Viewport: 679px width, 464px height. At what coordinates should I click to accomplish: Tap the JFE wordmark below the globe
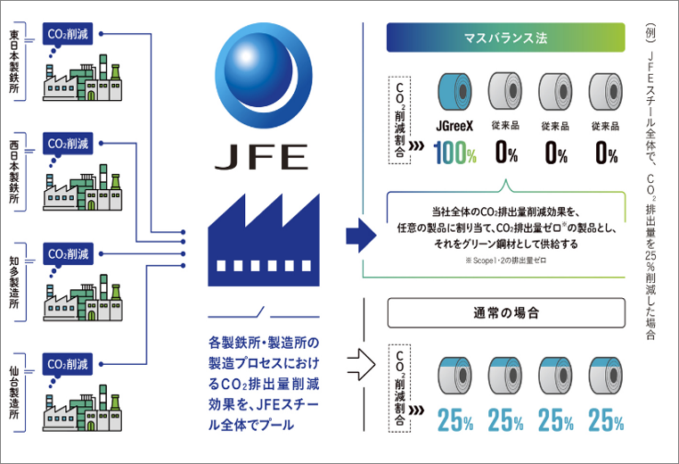262,157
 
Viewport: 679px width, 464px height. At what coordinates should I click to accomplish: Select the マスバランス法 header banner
506,37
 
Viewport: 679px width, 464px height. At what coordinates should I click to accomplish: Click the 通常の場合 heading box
506,312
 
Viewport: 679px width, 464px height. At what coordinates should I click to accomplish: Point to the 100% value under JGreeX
455,153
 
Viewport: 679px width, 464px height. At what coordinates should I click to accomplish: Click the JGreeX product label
454,126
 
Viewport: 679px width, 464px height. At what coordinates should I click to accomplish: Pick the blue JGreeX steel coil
454,92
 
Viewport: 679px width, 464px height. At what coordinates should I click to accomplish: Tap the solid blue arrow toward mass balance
361,236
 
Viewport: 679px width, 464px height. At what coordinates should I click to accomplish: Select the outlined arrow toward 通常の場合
361,364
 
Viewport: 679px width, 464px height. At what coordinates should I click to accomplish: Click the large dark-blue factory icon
264,240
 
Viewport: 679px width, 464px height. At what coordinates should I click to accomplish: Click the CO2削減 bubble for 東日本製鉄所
68,34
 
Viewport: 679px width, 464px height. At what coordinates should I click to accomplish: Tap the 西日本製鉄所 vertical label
14,171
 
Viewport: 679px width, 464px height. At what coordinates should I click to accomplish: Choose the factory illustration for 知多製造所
83,298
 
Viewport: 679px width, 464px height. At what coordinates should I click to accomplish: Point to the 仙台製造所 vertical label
14,393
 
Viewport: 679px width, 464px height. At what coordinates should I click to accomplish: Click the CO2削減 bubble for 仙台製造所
68,364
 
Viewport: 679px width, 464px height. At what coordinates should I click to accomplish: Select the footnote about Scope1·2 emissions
506,261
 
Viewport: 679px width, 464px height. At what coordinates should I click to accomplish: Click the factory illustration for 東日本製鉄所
82,78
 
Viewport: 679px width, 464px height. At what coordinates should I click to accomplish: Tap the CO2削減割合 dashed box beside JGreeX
400,120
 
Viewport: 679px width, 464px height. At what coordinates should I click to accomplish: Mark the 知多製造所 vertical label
14,282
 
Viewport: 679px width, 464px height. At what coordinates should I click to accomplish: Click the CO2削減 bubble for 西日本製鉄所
68,144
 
